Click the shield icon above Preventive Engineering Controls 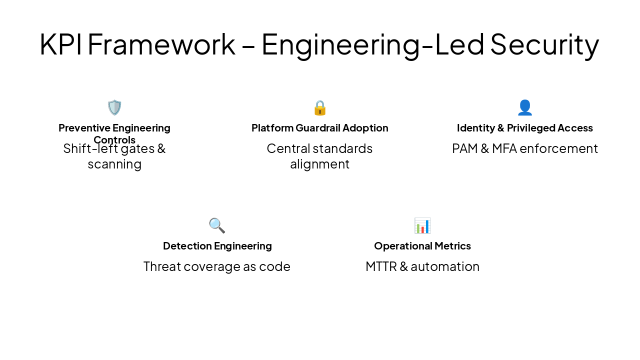pos(114,107)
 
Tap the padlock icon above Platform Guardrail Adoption pos(320,107)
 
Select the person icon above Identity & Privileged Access pos(525,107)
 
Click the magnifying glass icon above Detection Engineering pos(217,225)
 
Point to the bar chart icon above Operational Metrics pos(422,225)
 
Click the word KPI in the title pos(61,44)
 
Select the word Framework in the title pos(161,44)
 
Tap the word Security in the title pos(544,44)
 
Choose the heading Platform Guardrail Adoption pos(320,128)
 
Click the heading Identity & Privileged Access pos(525,128)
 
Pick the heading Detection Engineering pos(217,246)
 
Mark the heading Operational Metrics pos(422,246)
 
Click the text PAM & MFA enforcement pos(525,148)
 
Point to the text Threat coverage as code pos(217,266)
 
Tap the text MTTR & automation pos(422,266)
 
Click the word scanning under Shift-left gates pos(114,164)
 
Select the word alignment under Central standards pos(320,164)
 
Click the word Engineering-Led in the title pos(372,44)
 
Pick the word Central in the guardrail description pos(288,148)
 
